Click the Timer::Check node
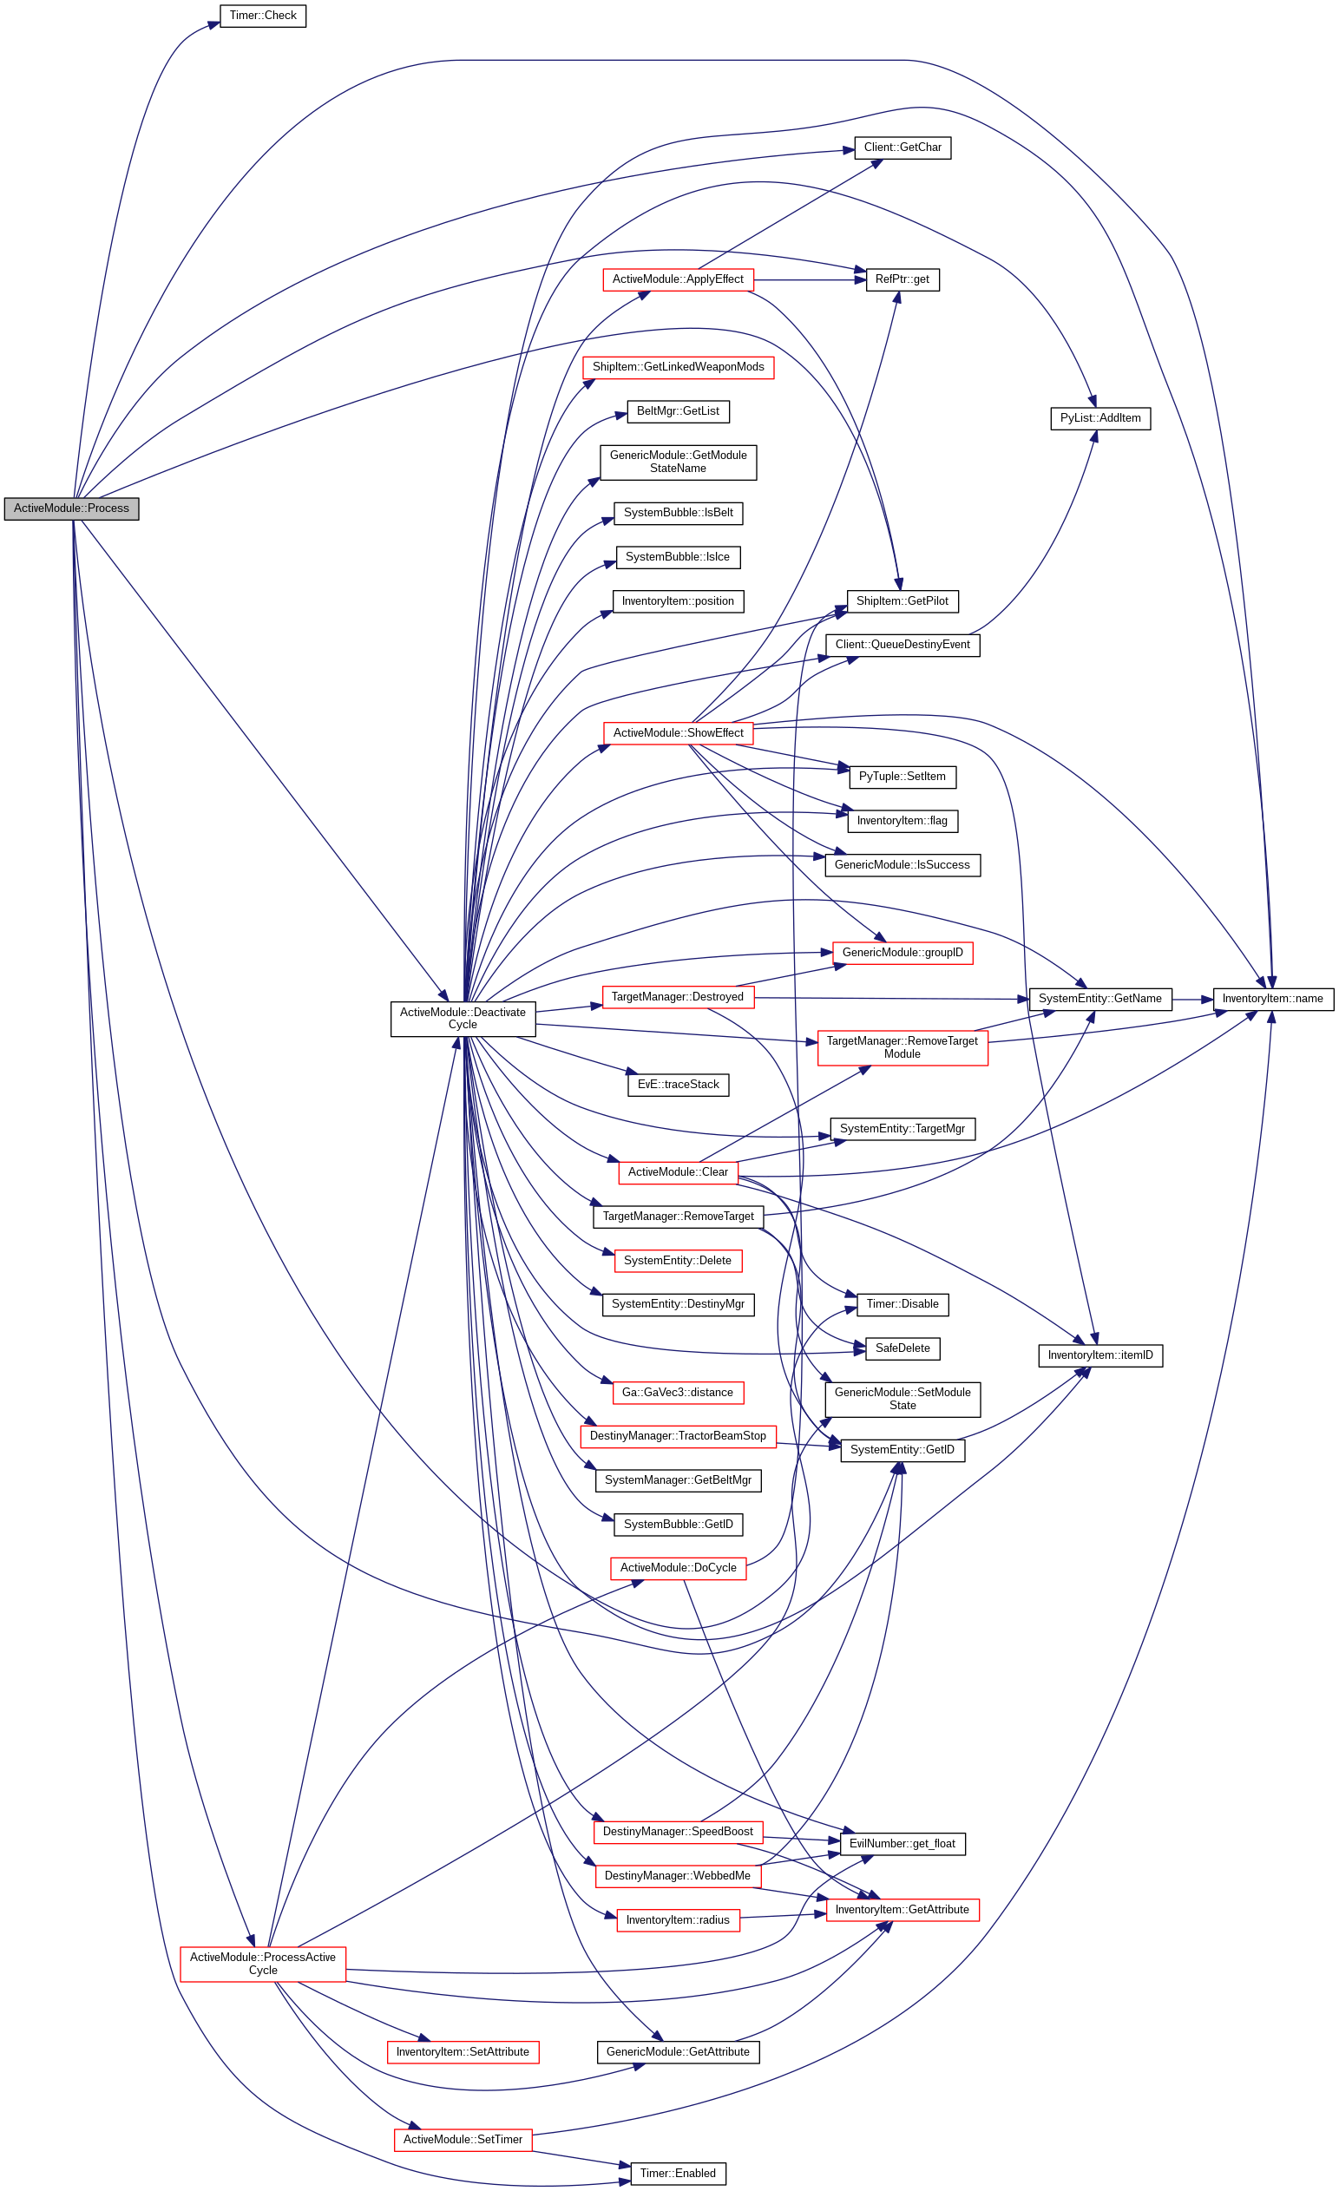[x=262, y=16]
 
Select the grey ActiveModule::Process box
[x=71, y=508]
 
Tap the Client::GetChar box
[x=902, y=148]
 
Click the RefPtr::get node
[x=902, y=279]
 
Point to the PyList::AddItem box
[x=1099, y=418]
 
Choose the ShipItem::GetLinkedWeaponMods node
[x=678, y=367]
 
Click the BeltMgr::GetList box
[x=678, y=410]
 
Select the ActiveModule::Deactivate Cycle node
[x=463, y=1018]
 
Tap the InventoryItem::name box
[x=1272, y=999]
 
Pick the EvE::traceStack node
[x=678, y=1085]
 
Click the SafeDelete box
[x=902, y=1348]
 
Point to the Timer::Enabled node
[x=678, y=2174]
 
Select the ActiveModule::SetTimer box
[x=463, y=2140]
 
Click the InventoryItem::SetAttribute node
[x=463, y=2052]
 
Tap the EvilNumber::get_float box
[x=902, y=1843]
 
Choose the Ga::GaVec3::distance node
[x=678, y=1393]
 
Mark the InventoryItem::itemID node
[x=1099, y=1355]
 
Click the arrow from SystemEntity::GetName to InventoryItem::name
[x=1192, y=1000]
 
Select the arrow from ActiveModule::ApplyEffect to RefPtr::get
[x=810, y=280]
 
